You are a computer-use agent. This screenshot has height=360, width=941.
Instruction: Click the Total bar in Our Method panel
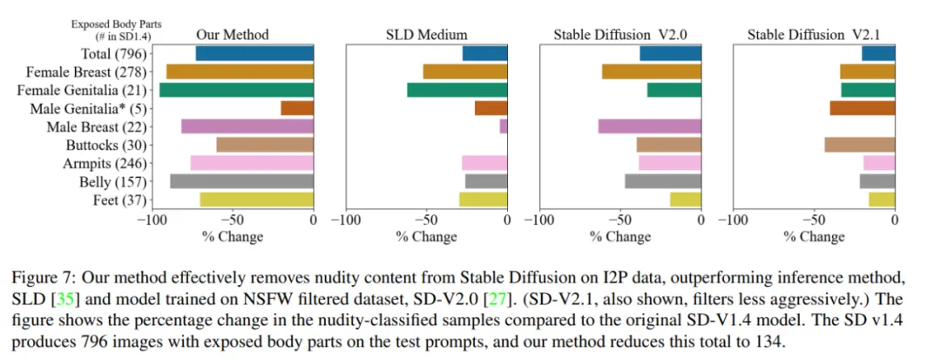[x=254, y=53]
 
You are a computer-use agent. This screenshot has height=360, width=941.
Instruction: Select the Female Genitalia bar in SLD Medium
[x=457, y=90]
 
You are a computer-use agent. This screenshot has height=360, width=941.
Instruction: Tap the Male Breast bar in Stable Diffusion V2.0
[x=650, y=126]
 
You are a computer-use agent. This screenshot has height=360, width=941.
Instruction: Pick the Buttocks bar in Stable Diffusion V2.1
[x=859, y=145]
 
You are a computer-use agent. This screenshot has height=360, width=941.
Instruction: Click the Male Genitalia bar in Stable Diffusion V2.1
[x=862, y=108]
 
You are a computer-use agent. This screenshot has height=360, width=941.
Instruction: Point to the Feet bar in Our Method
[x=257, y=200]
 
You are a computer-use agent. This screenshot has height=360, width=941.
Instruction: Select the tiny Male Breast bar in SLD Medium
[x=504, y=126]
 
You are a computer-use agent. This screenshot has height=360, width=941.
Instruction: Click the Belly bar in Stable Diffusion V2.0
[x=663, y=181]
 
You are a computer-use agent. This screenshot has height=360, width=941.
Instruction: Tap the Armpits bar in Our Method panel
[x=252, y=163]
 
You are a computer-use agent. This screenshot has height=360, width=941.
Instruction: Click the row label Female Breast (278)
[x=86, y=71]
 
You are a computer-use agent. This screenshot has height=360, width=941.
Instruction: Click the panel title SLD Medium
[x=427, y=35]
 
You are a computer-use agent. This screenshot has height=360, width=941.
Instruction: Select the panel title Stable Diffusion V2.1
[x=814, y=35]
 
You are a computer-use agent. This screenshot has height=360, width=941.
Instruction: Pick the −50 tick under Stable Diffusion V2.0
[x=620, y=221]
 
